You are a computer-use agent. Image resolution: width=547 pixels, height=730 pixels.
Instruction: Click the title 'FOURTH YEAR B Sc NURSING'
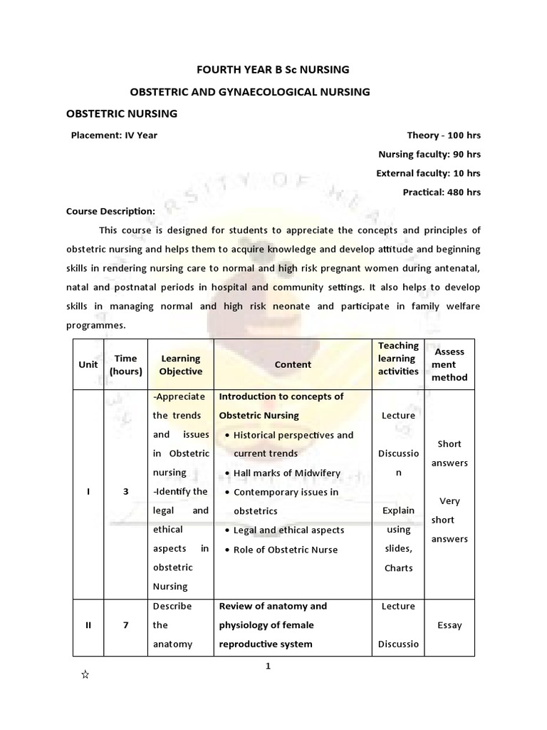tap(273, 69)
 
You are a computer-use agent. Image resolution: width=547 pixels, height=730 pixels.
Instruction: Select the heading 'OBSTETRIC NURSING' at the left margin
tap(122, 113)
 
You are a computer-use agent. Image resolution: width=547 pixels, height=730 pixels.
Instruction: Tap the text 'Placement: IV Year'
tap(114, 135)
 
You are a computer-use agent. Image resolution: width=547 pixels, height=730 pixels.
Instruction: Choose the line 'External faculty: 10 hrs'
tap(428, 173)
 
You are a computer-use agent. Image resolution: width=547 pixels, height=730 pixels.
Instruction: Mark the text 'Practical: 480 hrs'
tap(442, 192)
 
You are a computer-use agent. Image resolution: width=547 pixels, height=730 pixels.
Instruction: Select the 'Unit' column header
tap(88, 364)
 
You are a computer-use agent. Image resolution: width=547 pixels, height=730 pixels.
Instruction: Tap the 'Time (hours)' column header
tap(126, 364)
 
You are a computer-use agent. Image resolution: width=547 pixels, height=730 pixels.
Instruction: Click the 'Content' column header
tap(293, 364)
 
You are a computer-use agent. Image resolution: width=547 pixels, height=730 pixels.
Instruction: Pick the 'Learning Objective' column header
tap(181, 364)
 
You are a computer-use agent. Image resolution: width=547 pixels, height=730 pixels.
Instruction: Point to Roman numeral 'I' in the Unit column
tap(88, 491)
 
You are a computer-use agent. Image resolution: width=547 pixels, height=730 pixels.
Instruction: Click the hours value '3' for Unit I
tap(126, 491)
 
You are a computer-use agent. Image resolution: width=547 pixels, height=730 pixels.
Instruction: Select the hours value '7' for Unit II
tap(126, 625)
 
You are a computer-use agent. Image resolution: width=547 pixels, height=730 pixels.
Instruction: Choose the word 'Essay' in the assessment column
tap(449, 625)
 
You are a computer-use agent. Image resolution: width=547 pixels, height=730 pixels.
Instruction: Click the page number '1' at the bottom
tap(268, 666)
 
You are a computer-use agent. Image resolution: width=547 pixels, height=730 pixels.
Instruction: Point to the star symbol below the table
tap(85, 675)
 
